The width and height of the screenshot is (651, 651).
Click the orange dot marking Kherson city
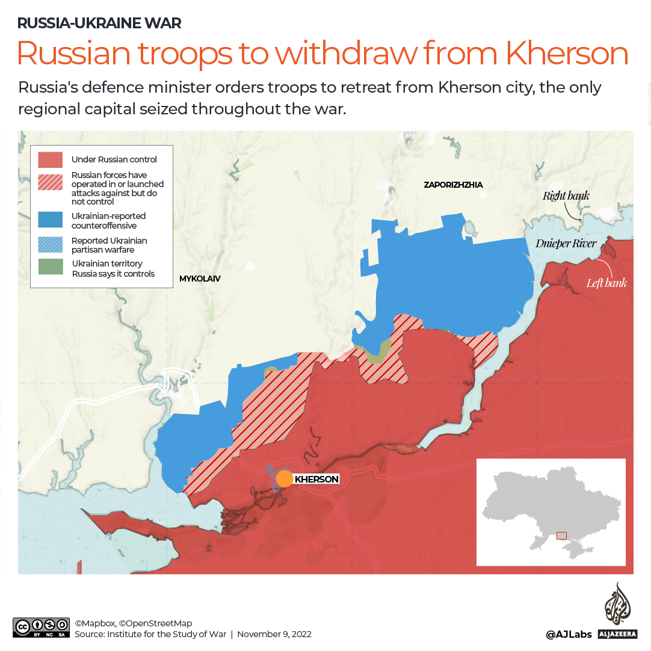[x=284, y=479]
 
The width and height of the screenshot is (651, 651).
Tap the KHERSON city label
[x=316, y=480]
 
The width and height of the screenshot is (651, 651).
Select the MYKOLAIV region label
[x=200, y=279]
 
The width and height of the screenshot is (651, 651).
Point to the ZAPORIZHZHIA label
[x=453, y=185]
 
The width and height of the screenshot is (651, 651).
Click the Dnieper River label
[x=566, y=244]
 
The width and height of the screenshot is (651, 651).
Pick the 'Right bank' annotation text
[x=566, y=196]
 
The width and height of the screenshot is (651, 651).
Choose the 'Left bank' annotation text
[x=606, y=282]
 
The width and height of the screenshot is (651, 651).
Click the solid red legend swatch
[x=51, y=159]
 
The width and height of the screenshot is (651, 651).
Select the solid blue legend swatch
[x=51, y=220]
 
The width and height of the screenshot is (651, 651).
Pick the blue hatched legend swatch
[x=51, y=244]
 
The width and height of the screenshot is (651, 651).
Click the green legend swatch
[x=51, y=267]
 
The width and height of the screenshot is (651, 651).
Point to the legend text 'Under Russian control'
[x=114, y=159]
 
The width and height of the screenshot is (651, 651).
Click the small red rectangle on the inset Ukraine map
[x=561, y=535]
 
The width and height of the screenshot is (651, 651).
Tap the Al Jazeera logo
[x=617, y=611]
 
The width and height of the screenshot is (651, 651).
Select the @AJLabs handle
[x=569, y=634]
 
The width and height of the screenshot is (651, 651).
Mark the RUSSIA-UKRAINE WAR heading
[x=99, y=23]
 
